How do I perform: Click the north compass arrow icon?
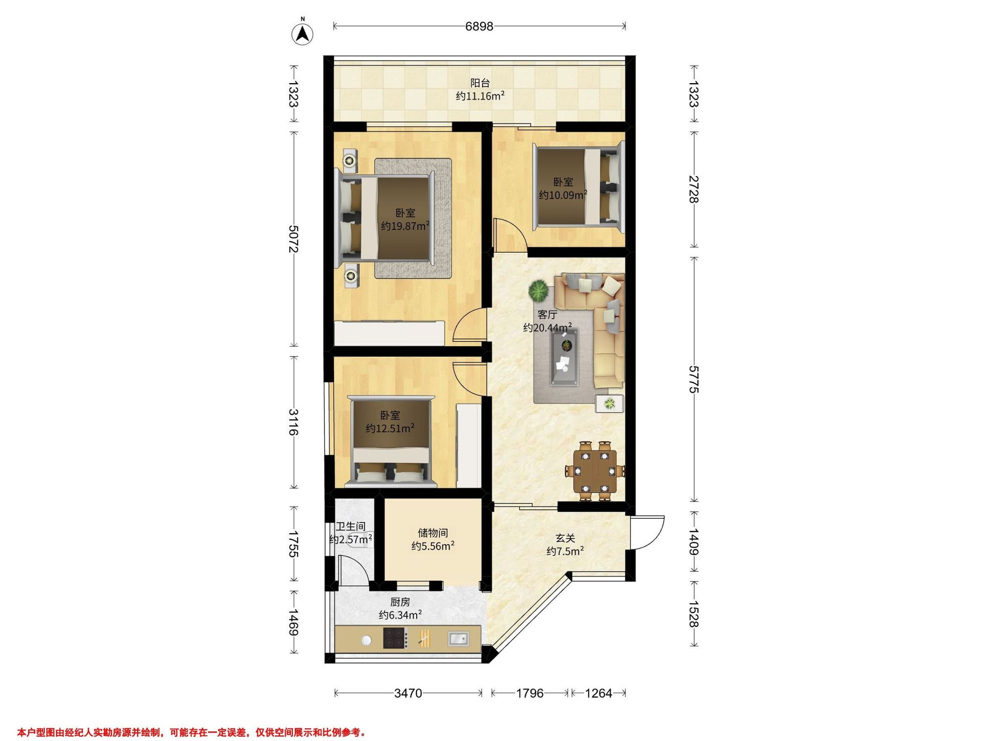tap(303, 33)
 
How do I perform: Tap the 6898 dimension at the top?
tap(479, 26)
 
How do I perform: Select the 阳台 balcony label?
tap(480, 83)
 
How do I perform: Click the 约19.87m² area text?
tap(405, 226)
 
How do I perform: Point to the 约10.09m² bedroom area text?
tap(563, 195)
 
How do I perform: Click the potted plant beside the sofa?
tap(538, 291)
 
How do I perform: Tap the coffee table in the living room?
tap(564, 356)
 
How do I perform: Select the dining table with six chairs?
tap(595, 470)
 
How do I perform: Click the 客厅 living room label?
tap(547, 315)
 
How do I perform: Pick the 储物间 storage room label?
tap(433, 533)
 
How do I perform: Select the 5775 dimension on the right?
tap(693, 379)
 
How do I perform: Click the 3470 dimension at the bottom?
tap(408, 693)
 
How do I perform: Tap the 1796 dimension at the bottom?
tap(530, 693)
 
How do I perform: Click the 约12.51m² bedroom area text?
tap(390, 429)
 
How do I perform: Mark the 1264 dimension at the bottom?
tap(599, 693)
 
